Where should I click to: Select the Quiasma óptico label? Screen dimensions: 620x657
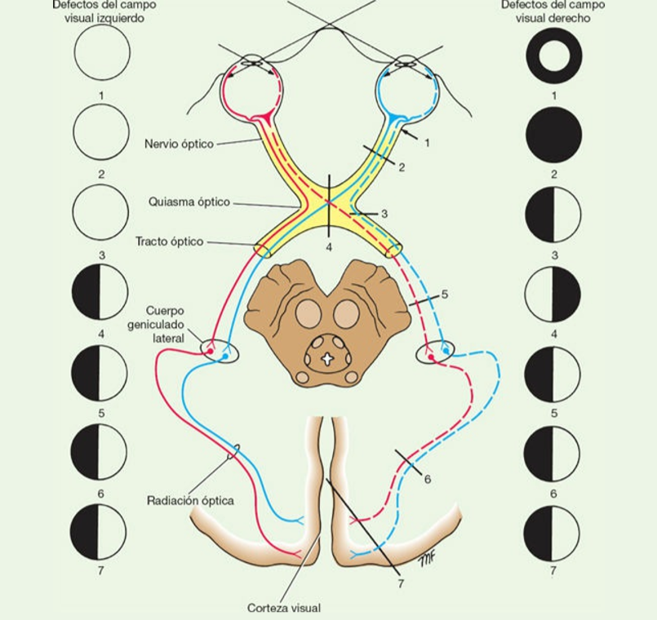click(x=189, y=201)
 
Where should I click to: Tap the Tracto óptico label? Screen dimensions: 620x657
click(x=170, y=241)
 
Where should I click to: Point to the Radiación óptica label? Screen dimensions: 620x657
click(x=190, y=500)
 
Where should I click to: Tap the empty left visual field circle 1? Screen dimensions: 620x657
click(x=102, y=52)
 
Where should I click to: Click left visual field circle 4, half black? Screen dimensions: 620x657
click(x=100, y=292)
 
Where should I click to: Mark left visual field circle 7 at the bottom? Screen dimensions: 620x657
click(x=99, y=531)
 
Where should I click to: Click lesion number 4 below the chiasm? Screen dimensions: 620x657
click(x=329, y=246)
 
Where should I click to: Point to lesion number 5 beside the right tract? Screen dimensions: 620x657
click(x=444, y=294)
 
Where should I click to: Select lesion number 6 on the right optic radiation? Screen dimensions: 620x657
click(x=427, y=479)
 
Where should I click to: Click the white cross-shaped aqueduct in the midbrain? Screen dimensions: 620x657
click(x=327, y=358)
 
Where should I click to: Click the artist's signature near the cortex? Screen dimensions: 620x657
click(x=425, y=560)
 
